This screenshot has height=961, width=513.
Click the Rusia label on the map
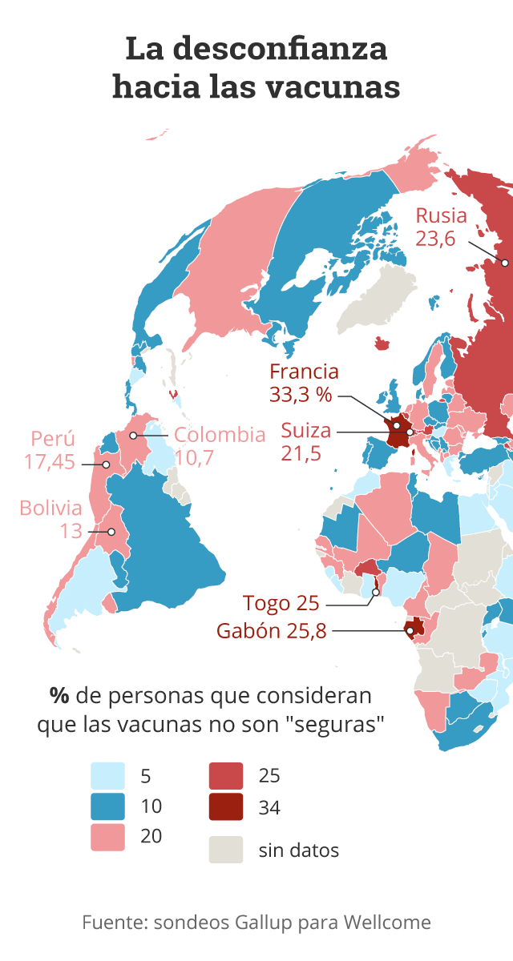(x=440, y=215)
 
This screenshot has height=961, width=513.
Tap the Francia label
(x=304, y=372)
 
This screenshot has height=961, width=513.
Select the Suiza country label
(x=305, y=431)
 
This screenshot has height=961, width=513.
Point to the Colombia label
(x=220, y=435)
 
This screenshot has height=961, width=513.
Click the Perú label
(x=53, y=439)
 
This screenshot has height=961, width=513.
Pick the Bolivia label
(x=51, y=508)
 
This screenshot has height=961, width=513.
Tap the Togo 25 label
(x=281, y=603)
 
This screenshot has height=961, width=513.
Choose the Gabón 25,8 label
(x=272, y=631)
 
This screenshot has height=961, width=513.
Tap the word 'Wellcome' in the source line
(x=387, y=923)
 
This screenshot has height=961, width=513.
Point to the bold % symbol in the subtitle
(x=57, y=694)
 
